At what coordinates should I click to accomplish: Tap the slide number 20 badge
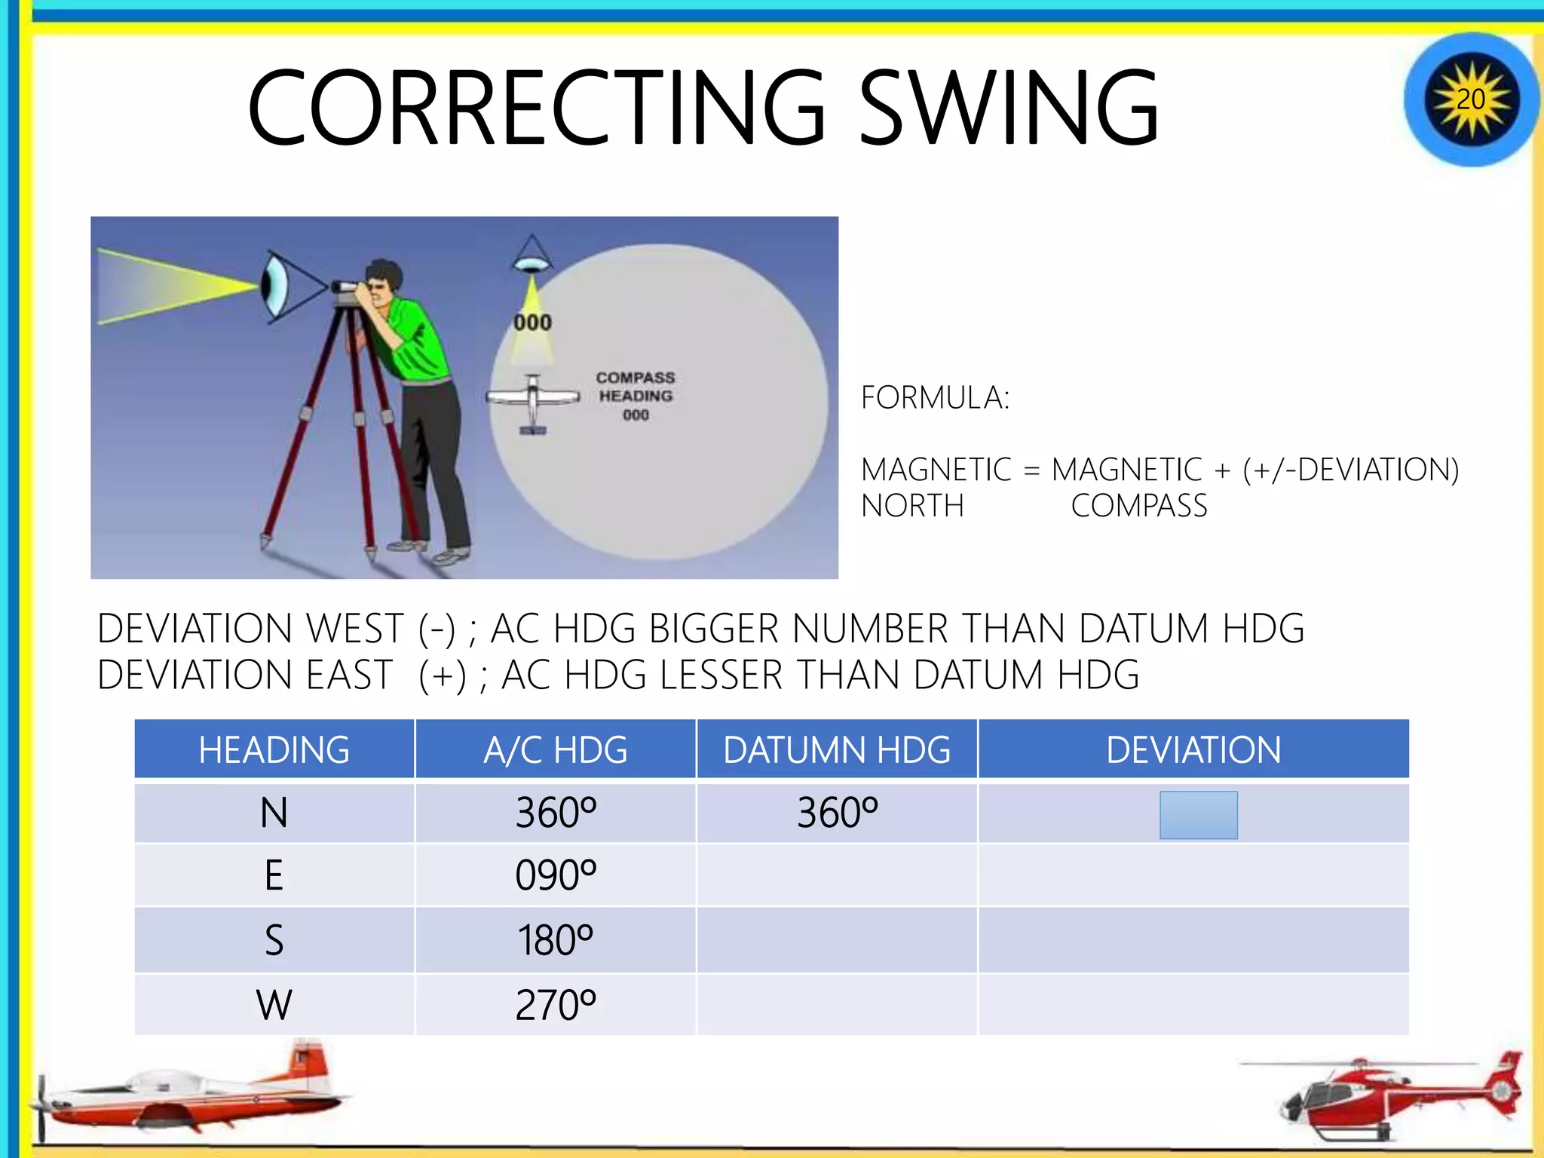[x=1470, y=100]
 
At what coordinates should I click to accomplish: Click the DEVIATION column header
[x=1193, y=749]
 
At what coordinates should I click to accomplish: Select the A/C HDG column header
[x=555, y=749]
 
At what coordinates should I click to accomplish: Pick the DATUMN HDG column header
[x=837, y=749]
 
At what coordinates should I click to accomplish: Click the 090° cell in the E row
[x=555, y=875]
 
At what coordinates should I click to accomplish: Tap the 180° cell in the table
[x=555, y=940]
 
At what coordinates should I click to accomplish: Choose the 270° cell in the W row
[x=555, y=1004]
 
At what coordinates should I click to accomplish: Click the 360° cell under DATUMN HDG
[x=837, y=813]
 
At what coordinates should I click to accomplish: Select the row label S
[x=274, y=940]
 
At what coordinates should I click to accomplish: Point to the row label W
[x=274, y=1004]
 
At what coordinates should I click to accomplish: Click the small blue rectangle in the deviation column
[x=1198, y=814]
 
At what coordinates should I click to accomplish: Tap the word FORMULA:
[x=935, y=397]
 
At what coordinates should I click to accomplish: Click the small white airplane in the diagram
[x=533, y=400]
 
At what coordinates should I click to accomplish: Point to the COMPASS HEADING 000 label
[x=636, y=396]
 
